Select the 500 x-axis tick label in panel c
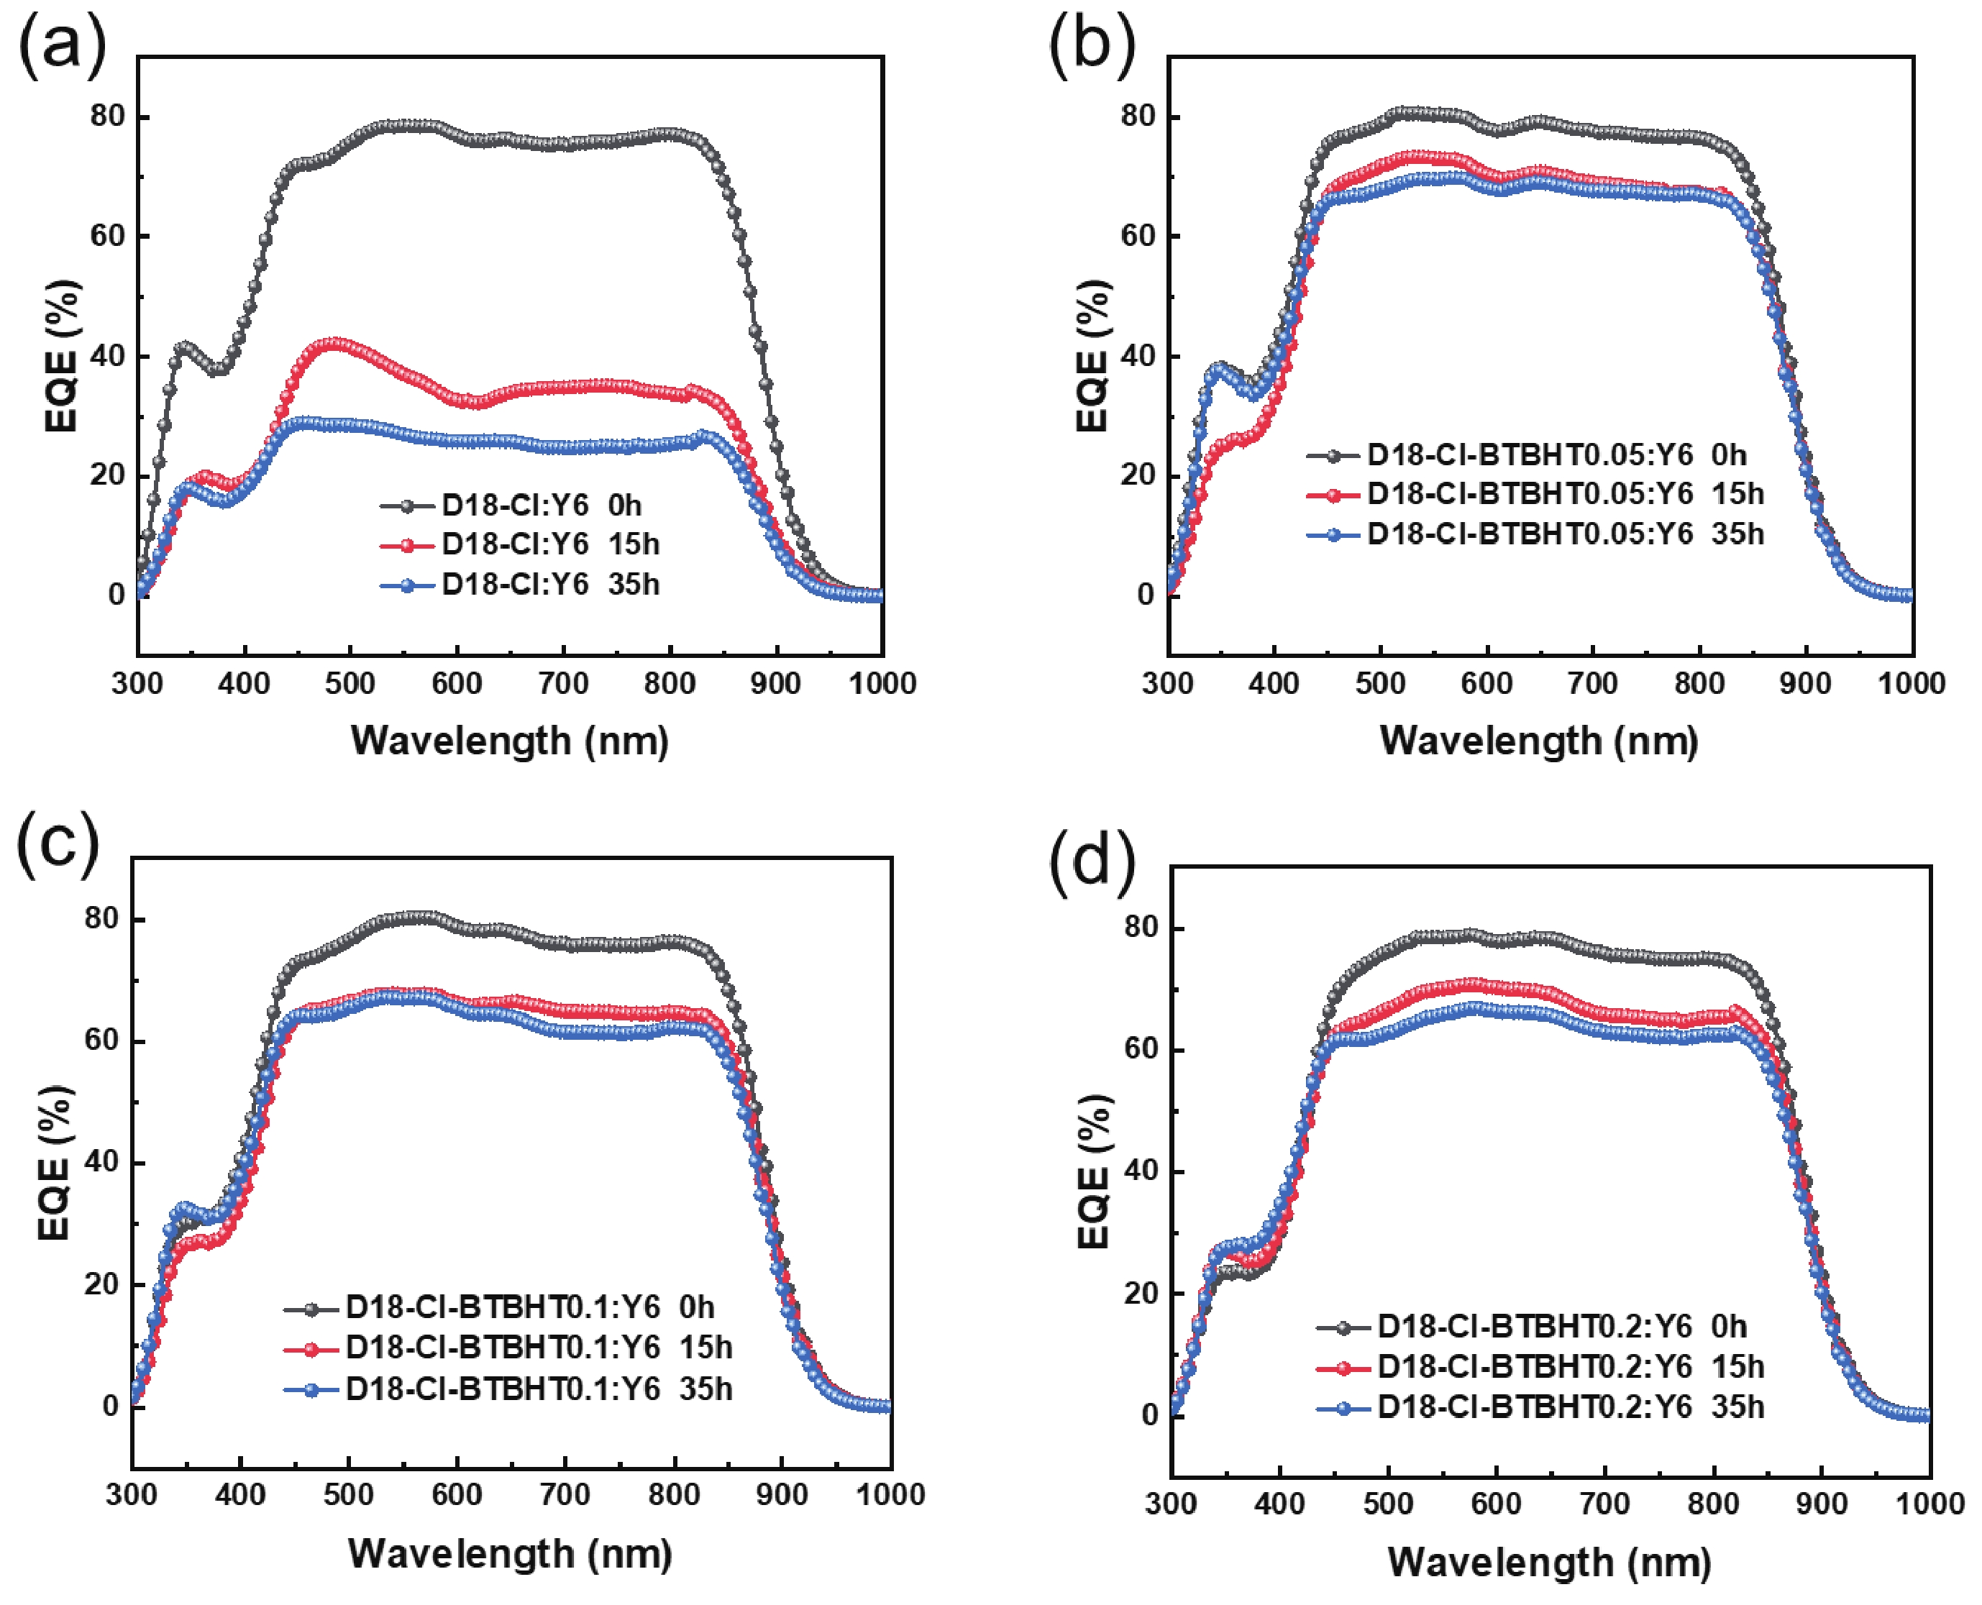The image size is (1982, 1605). [x=349, y=1495]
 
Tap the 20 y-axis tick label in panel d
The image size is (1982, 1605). [x=1141, y=1292]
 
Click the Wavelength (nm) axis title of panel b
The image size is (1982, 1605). [x=1539, y=741]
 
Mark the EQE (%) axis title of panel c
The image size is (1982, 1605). [x=55, y=1162]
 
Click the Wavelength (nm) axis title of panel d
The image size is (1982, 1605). [x=1549, y=1562]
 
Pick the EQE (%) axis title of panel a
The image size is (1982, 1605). [x=62, y=356]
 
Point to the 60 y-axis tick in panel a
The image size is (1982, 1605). [x=107, y=236]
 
